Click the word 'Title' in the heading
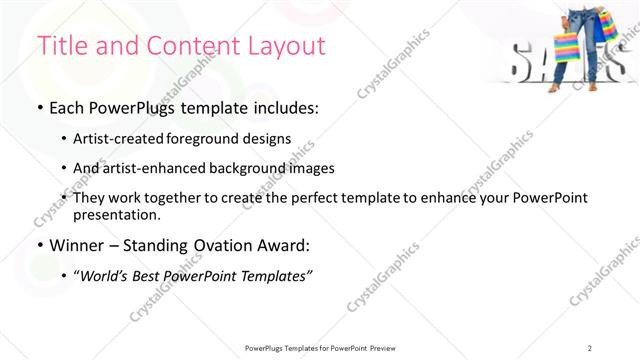click(60, 46)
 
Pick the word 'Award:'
click(291, 245)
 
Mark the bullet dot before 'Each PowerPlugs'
click(40, 108)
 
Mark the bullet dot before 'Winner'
click(40, 245)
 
